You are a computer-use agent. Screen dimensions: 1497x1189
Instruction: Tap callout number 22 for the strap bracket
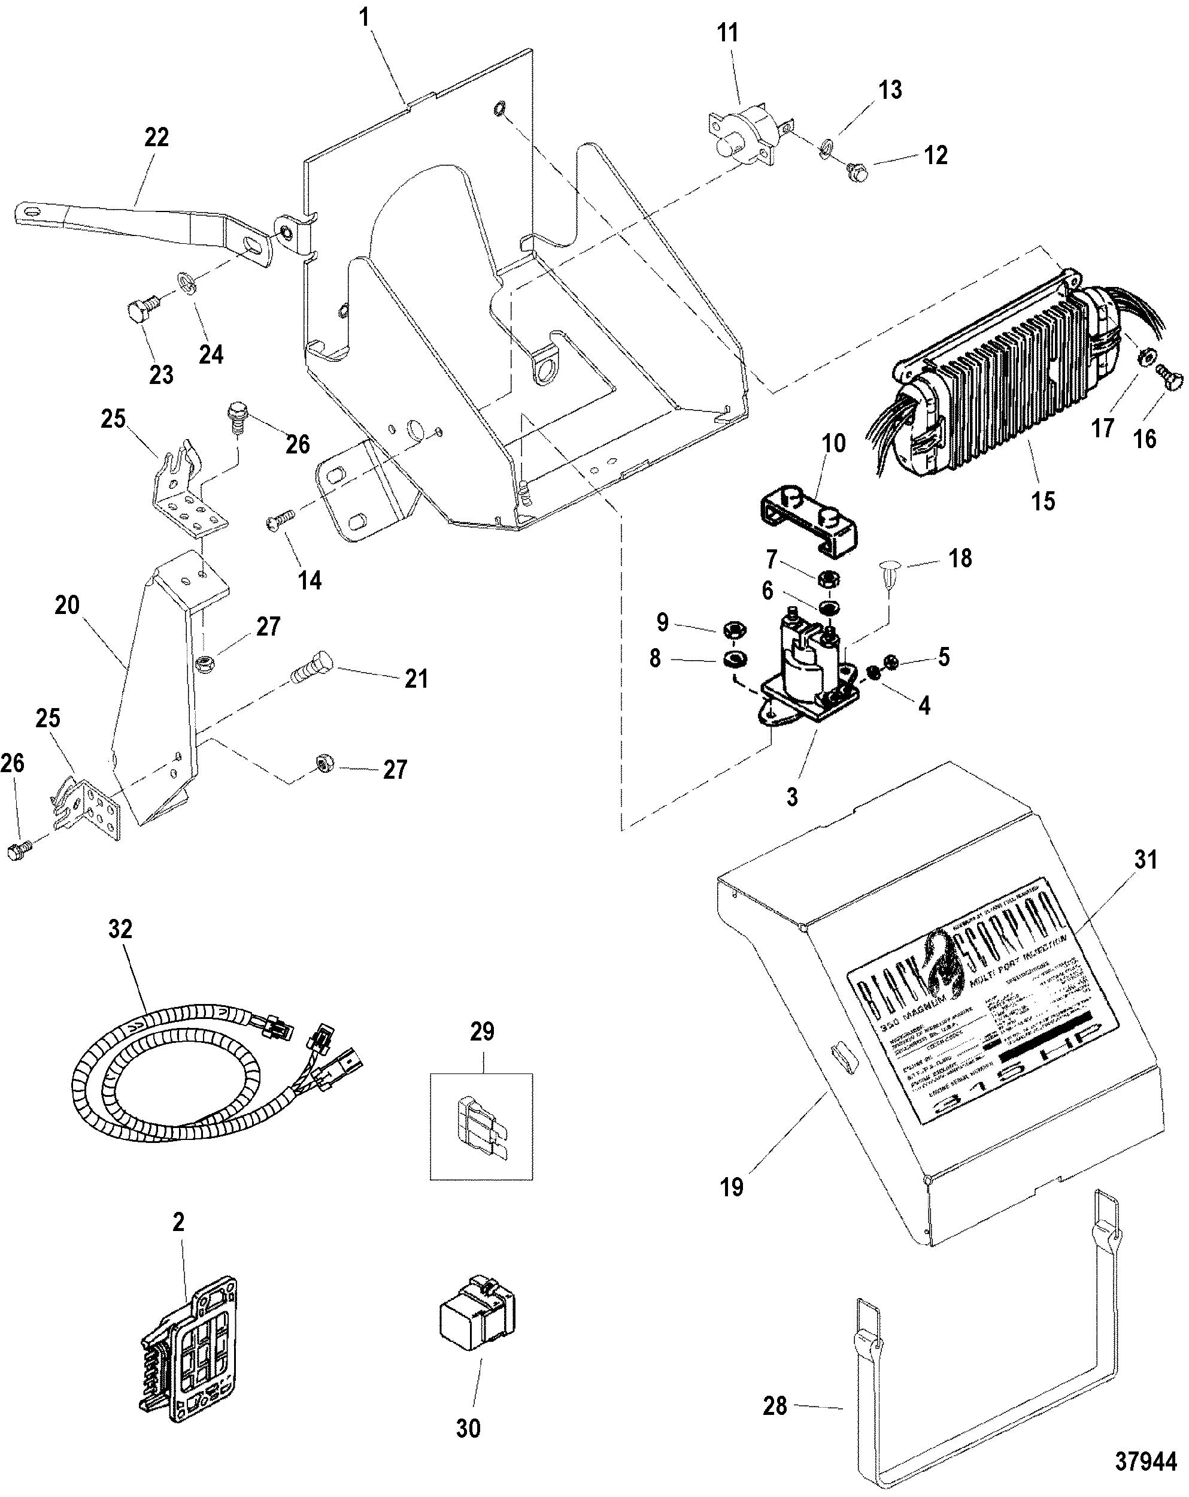[156, 138]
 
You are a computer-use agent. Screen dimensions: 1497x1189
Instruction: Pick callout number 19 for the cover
[732, 1187]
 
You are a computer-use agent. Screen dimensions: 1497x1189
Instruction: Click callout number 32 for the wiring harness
[120, 929]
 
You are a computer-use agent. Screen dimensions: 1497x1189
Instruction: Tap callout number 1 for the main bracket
[364, 17]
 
